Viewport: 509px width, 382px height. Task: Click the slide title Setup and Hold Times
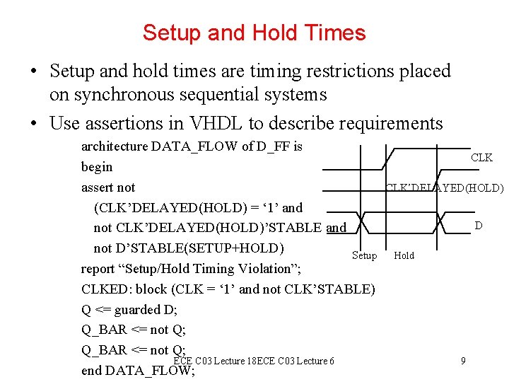254,33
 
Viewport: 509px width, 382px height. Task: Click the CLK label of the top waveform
481,158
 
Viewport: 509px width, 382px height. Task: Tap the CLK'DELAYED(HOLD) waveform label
444,188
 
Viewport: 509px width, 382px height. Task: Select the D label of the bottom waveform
479,226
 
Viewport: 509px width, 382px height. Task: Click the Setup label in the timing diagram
364,255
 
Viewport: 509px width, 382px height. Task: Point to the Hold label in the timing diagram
404,255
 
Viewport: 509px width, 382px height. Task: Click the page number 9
462,361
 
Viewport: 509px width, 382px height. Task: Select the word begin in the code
97,167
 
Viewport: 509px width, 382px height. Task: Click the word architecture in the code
114,146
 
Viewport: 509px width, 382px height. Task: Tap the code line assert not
107,187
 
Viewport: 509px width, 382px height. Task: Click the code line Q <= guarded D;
129,310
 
